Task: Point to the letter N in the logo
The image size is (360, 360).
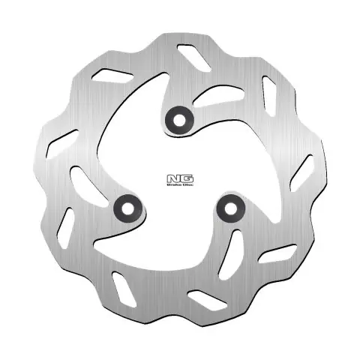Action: (x=169, y=178)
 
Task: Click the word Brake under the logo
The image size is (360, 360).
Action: (x=169, y=184)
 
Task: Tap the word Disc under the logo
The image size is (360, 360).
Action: (x=179, y=184)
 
